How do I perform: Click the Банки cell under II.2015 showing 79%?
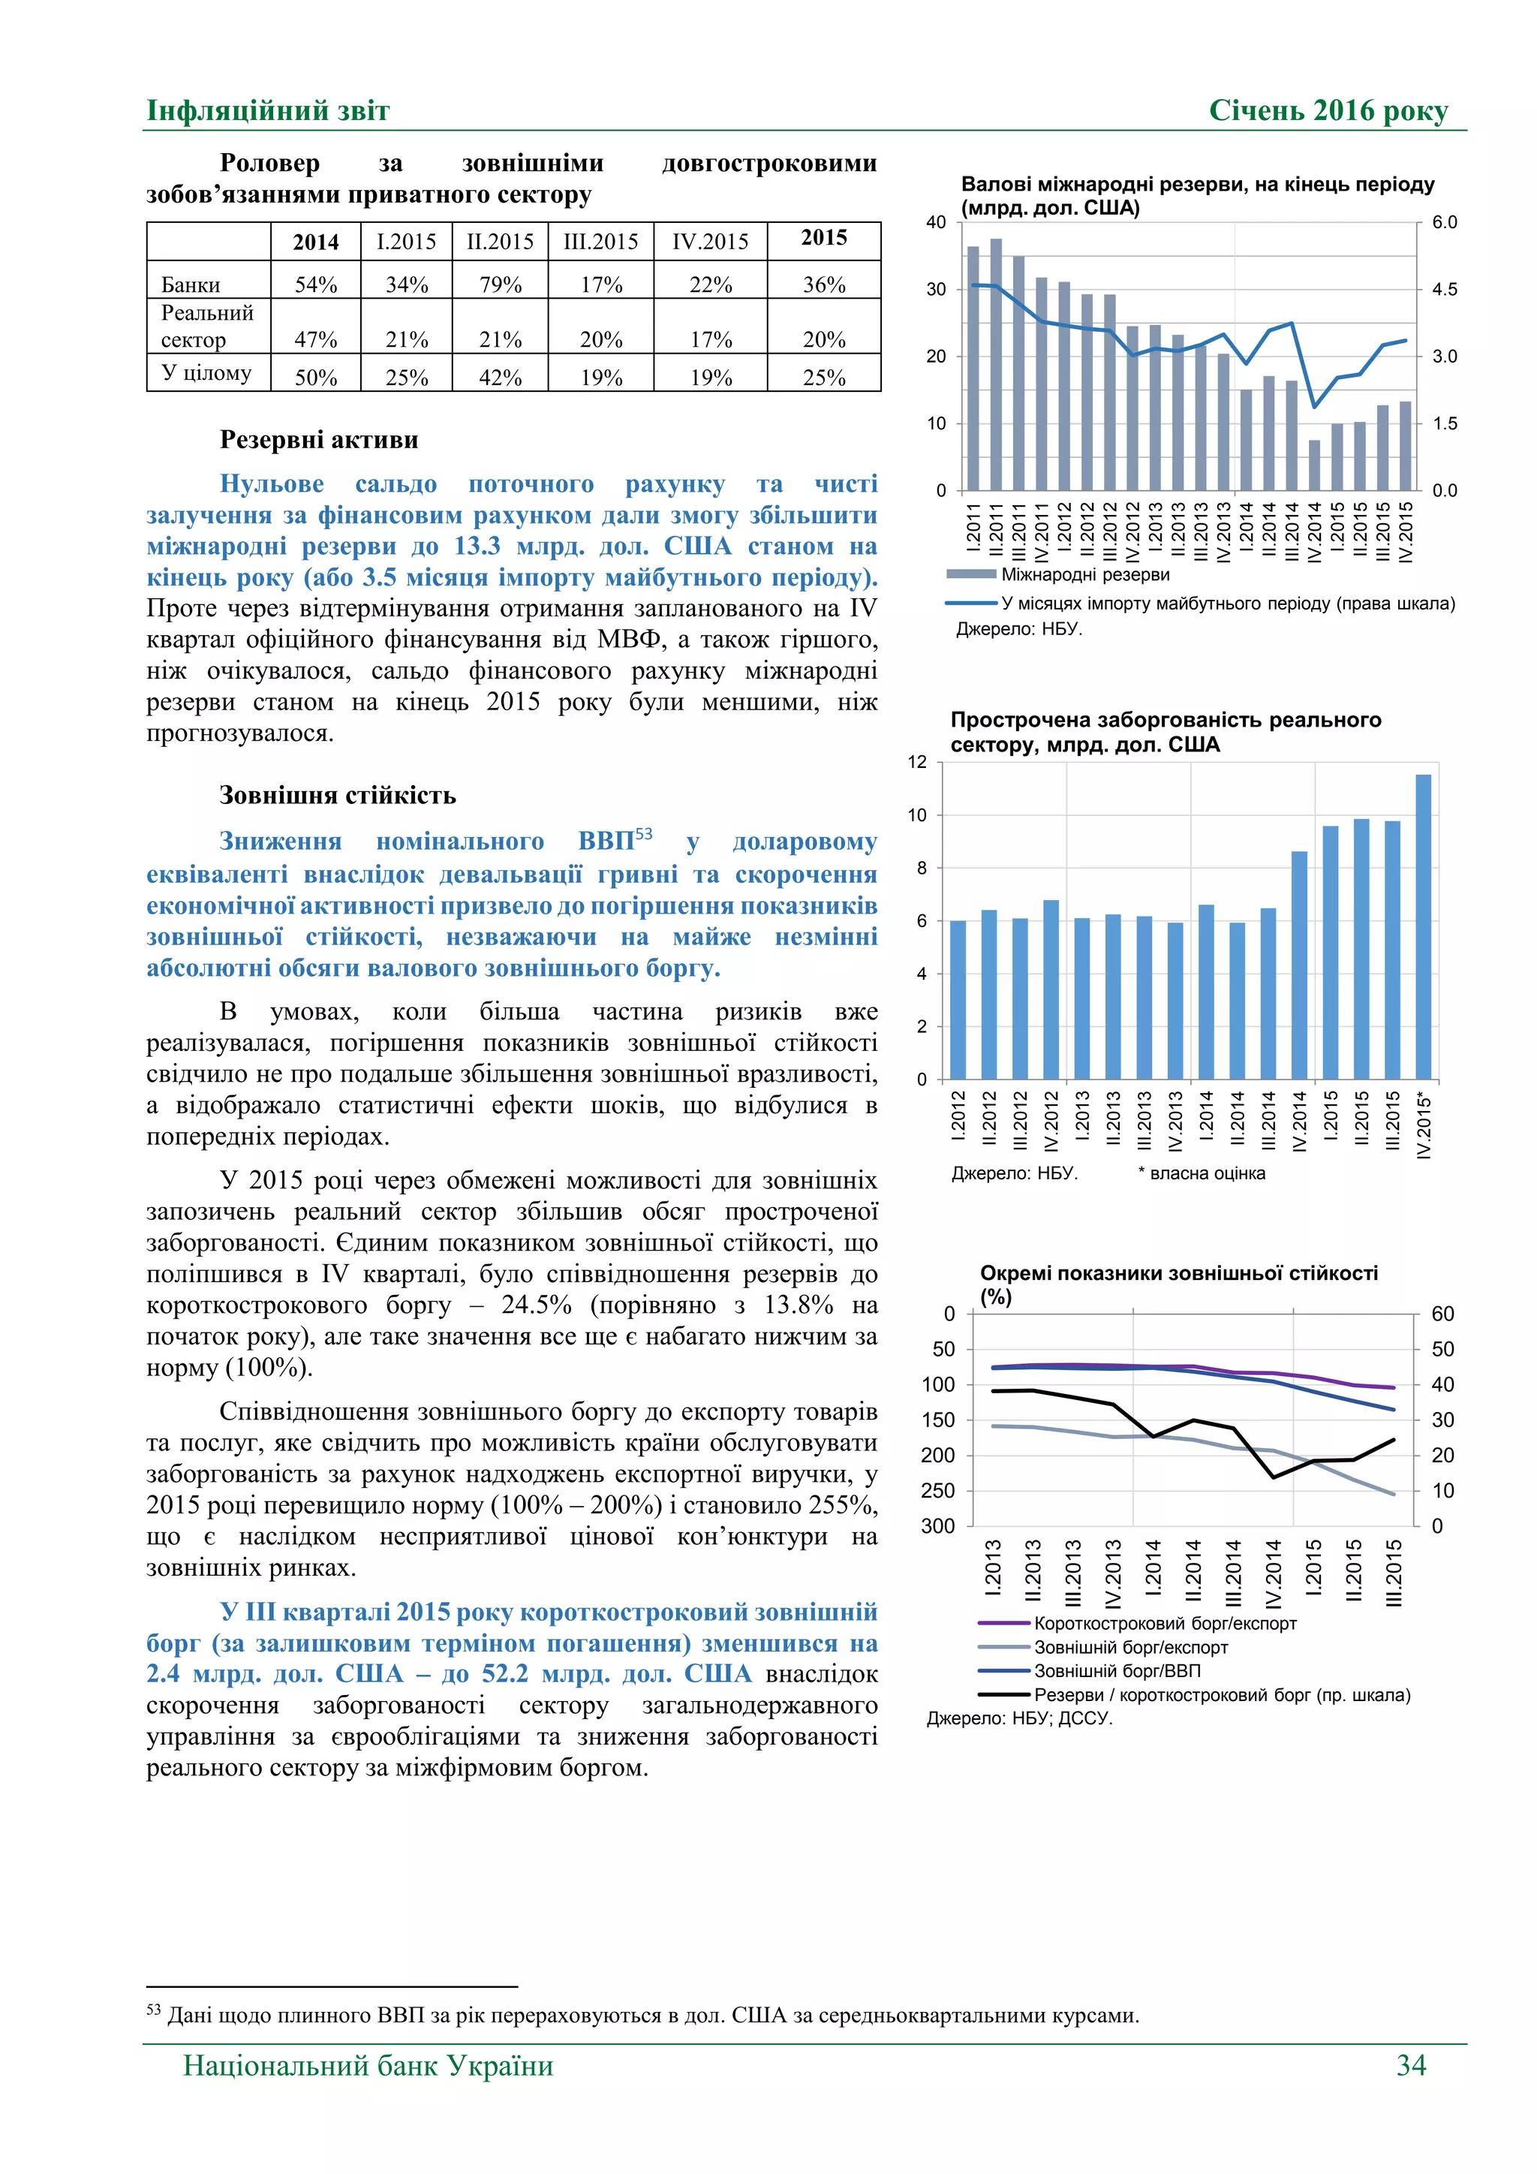(x=500, y=284)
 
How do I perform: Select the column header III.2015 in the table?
(x=600, y=242)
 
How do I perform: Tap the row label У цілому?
(x=206, y=372)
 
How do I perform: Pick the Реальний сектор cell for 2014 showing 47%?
(x=315, y=339)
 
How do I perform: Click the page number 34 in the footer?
(x=1410, y=2064)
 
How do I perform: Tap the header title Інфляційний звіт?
(x=268, y=111)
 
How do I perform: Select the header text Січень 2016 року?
(x=1328, y=111)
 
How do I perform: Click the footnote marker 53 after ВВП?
(x=644, y=834)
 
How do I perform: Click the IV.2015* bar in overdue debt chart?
(x=1422, y=926)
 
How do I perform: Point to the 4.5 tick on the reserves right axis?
(x=1444, y=290)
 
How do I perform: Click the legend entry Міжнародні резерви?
(x=1084, y=575)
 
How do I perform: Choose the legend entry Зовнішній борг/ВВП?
(x=1116, y=1671)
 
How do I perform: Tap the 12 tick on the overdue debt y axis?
(x=917, y=762)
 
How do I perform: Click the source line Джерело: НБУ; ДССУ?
(x=1019, y=1718)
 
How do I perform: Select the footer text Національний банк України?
(x=368, y=2065)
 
